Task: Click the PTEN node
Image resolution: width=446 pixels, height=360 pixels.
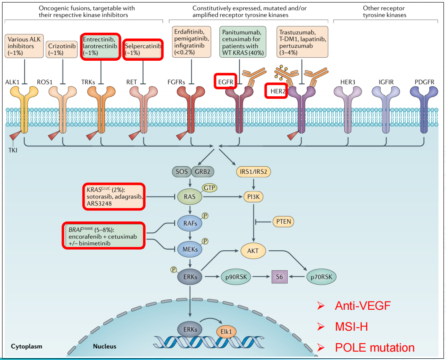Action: [283, 221]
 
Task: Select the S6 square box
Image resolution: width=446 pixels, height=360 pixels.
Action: [279, 277]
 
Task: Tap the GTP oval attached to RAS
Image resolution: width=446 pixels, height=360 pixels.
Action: [210, 188]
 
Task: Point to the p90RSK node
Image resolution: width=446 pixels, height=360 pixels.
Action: [236, 277]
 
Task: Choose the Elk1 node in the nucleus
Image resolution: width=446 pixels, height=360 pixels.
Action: [226, 332]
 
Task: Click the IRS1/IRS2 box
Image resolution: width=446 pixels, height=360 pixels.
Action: [253, 172]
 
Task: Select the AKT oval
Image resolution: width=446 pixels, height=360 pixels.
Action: [253, 251]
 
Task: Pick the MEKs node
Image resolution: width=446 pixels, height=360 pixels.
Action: [190, 249]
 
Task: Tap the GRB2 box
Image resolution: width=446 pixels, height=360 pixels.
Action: [203, 172]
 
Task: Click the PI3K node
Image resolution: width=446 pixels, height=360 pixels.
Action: [253, 197]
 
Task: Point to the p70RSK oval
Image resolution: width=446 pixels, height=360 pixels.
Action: [322, 277]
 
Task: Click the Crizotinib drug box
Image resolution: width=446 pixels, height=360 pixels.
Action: [62, 49]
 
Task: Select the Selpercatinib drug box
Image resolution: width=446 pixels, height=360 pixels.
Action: [143, 49]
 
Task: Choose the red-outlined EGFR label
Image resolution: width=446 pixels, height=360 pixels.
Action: [226, 82]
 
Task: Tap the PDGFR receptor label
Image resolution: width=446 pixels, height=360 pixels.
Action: [424, 82]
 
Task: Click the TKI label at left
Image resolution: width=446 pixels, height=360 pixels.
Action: [13, 150]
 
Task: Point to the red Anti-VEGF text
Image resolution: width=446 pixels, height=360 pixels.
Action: [363, 306]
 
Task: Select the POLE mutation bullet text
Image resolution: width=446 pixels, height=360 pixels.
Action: [375, 347]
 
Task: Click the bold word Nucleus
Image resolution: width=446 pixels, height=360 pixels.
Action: [105, 346]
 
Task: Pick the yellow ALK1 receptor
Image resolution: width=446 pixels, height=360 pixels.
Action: [24, 110]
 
